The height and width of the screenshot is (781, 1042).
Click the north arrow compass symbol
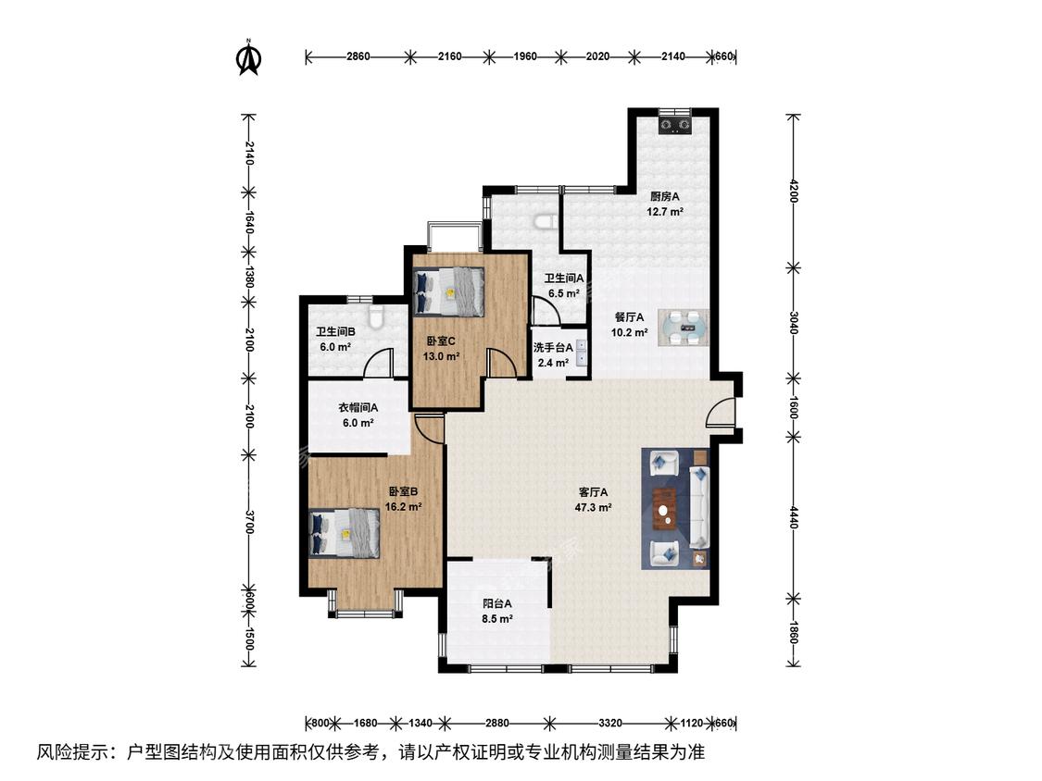point(248,57)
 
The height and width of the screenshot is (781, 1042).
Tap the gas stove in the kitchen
point(674,124)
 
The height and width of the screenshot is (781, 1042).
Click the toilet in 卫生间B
point(375,318)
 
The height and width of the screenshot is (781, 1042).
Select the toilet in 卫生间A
point(546,221)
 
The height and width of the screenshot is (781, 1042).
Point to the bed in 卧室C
point(448,291)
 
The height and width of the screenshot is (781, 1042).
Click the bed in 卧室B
point(345,533)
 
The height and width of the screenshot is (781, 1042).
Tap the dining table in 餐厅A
point(684,328)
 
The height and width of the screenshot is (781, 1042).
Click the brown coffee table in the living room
point(664,509)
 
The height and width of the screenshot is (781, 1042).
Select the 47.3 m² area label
point(593,507)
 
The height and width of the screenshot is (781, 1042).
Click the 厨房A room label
point(664,196)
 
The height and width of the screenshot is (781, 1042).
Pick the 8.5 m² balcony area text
point(497,619)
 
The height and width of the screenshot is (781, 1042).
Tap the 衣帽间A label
point(358,408)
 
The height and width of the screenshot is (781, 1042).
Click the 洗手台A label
point(553,347)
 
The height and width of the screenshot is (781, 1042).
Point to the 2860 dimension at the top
point(358,56)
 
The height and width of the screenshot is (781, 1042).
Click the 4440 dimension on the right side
point(793,516)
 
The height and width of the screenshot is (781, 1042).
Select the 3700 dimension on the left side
point(248,521)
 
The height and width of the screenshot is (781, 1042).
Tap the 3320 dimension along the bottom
point(609,724)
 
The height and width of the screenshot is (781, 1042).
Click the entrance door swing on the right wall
point(719,412)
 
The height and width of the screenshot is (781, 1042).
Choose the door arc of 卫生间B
point(378,364)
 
